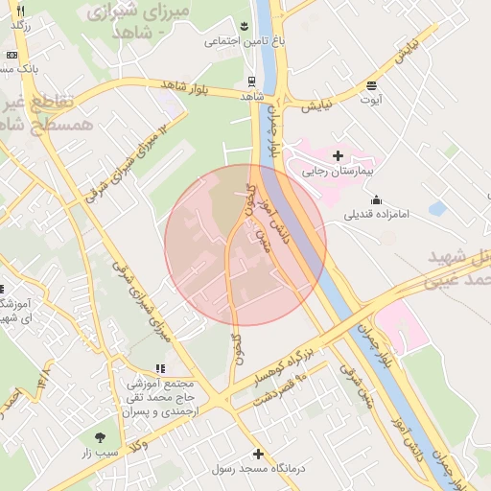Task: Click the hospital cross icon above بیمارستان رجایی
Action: [337, 154]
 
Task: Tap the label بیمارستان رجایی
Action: [337, 173]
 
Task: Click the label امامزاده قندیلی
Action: [377, 215]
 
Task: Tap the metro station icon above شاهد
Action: [251, 82]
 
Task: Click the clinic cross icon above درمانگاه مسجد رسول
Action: [257, 454]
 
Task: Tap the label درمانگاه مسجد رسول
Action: [257, 470]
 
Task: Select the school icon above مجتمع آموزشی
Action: [159, 368]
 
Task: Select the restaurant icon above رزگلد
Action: [20, 10]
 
